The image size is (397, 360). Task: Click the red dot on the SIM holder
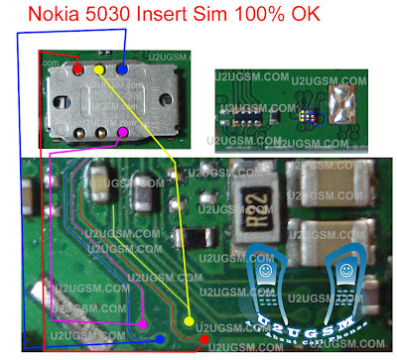tap(78, 70)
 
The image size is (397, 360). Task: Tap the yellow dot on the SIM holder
tap(99, 70)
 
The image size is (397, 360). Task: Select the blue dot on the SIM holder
tap(121, 69)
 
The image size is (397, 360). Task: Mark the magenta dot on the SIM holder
tap(122, 131)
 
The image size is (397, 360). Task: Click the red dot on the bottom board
tap(204, 340)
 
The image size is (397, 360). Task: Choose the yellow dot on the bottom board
tap(189, 320)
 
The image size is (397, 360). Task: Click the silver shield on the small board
tap(345, 104)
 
